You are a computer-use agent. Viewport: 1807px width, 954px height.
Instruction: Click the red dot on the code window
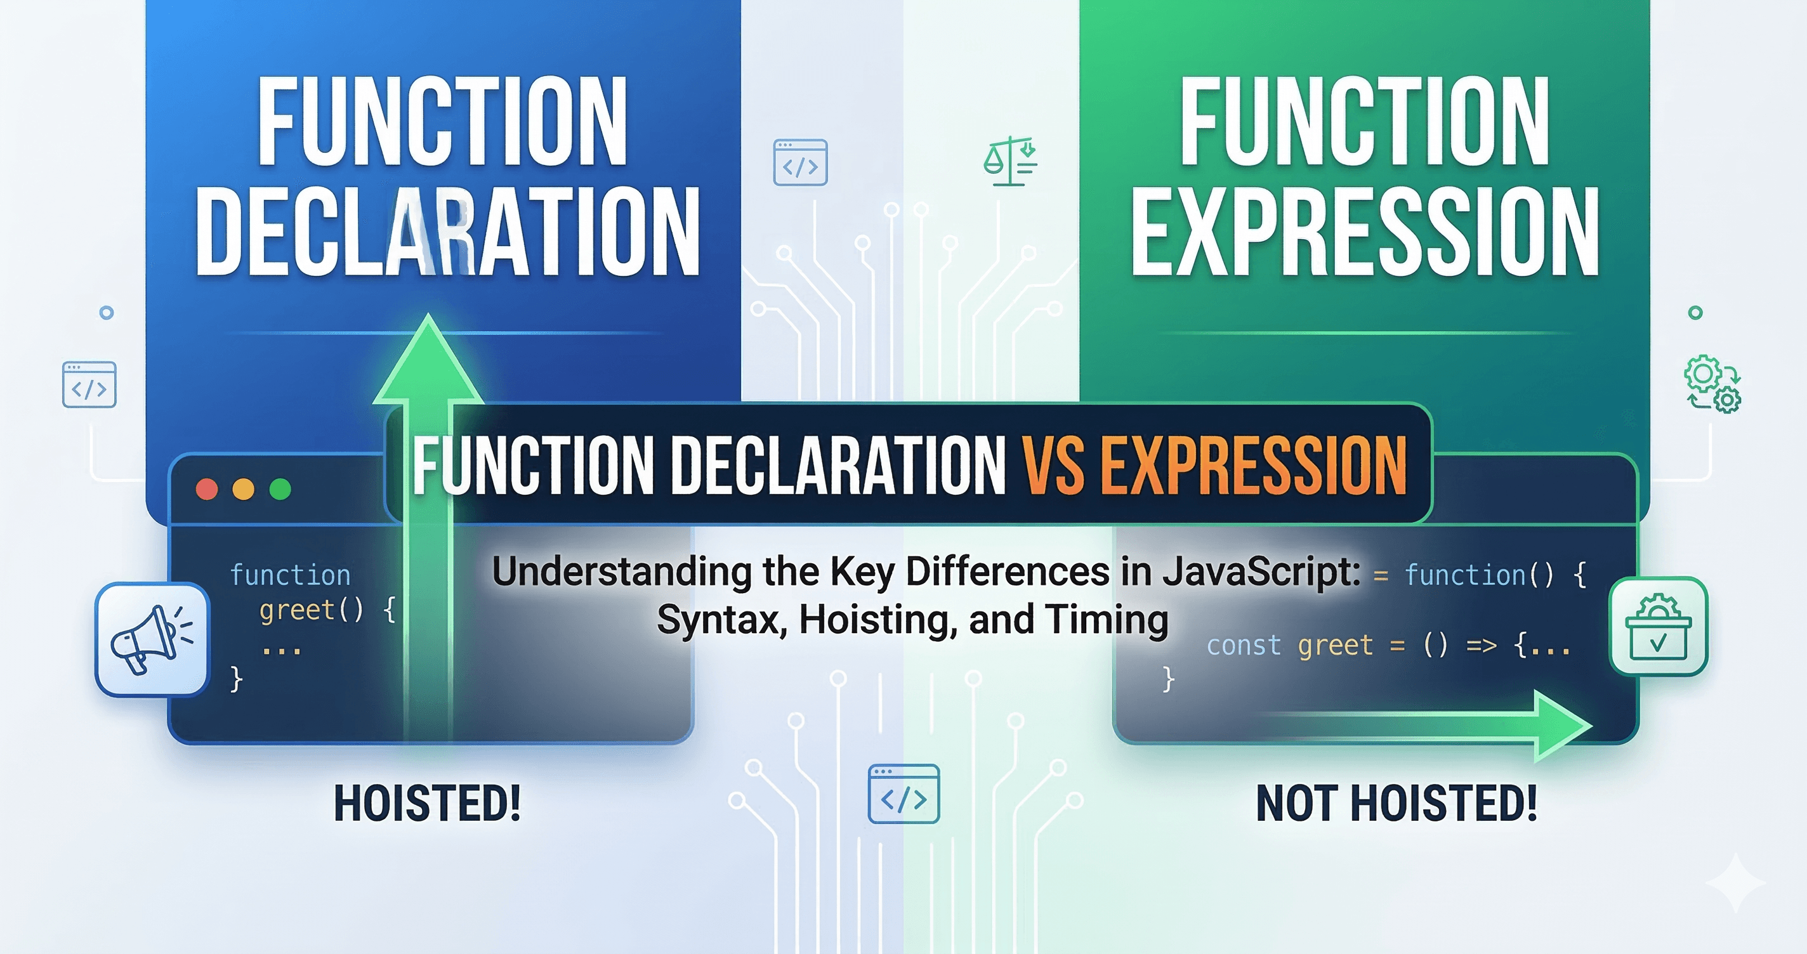[x=207, y=489]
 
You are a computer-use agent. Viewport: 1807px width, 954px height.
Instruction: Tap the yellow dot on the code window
[x=244, y=489]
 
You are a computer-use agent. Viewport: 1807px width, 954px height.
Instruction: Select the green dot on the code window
[x=280, y=489]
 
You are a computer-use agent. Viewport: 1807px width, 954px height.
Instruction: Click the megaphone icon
[x=152, y=639]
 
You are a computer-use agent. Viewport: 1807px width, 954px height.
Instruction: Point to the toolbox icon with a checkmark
[x=1659, y=627]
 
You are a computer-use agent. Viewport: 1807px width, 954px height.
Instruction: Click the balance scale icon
[x=1010, y=161]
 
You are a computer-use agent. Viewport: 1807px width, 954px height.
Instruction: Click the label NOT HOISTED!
[x=1396, y=804]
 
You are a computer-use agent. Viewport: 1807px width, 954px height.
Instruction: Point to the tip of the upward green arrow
[x=428, y=319]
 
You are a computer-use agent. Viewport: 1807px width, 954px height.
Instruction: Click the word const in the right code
[x=1243, y=645]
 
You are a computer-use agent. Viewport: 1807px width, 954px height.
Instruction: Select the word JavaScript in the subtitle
[x=1262, y=572]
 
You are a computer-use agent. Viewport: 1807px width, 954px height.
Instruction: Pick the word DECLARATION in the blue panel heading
[x=447, y=232]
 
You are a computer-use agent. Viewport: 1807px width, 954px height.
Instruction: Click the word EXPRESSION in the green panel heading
[x=1364, y=232]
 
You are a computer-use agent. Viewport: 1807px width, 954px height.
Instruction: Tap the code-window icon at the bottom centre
[x=903, y=794]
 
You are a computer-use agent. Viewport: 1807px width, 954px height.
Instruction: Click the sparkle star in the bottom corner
[x=1735, y=883]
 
